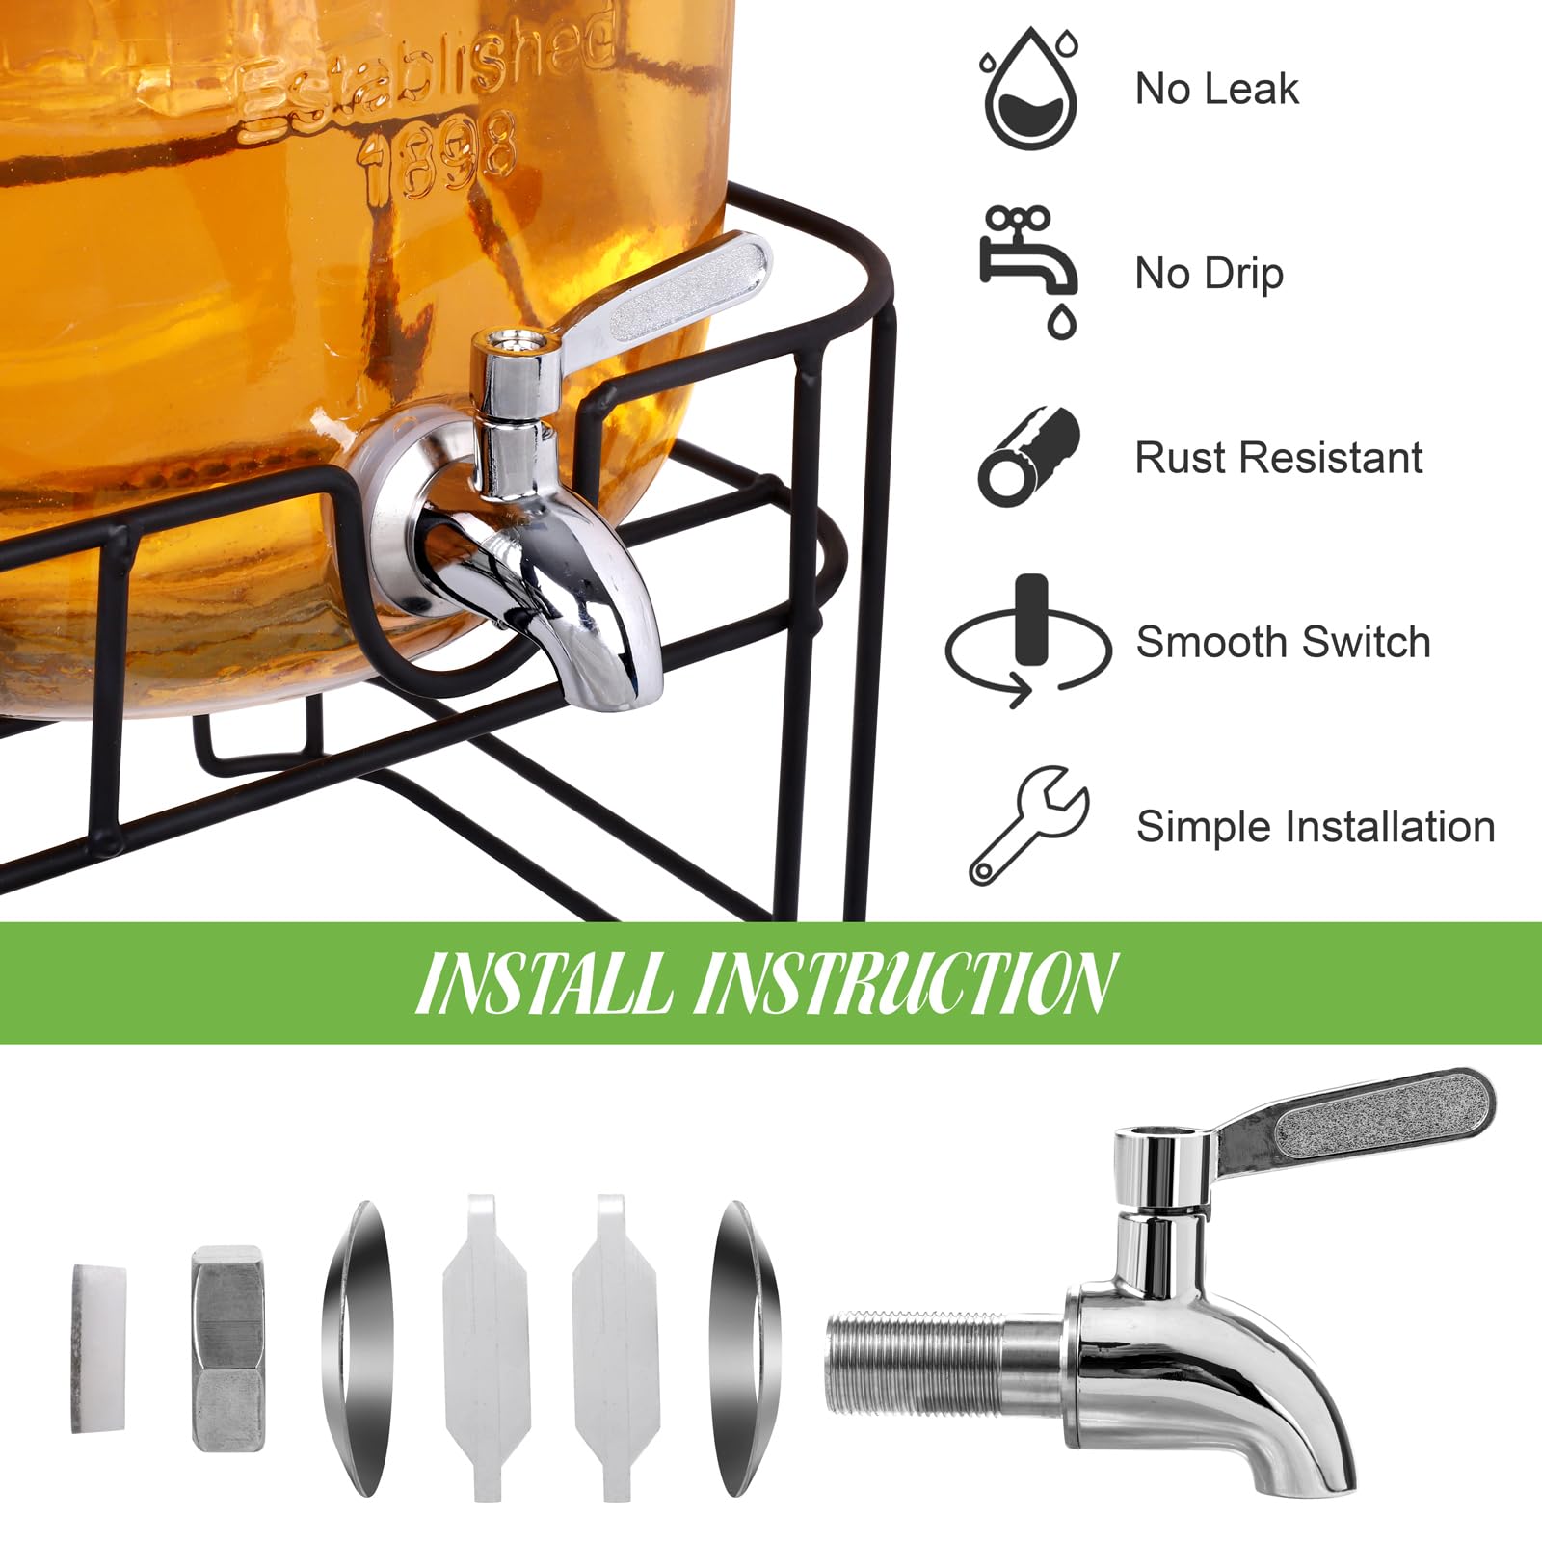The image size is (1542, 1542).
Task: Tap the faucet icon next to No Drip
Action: coord(1027,270)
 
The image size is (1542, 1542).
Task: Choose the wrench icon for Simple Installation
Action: coord(1027,825)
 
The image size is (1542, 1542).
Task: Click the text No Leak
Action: coord(1216,89)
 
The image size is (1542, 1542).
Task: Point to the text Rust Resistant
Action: coord(1278,458)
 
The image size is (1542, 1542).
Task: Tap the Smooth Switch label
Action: coord(1283,642)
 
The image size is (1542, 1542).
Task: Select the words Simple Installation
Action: coord(1316,827)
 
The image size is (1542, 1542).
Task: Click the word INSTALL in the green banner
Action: coord(545,984)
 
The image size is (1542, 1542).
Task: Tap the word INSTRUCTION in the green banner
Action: coord(906,984)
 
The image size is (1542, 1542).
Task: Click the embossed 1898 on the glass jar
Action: coord(439,154)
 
